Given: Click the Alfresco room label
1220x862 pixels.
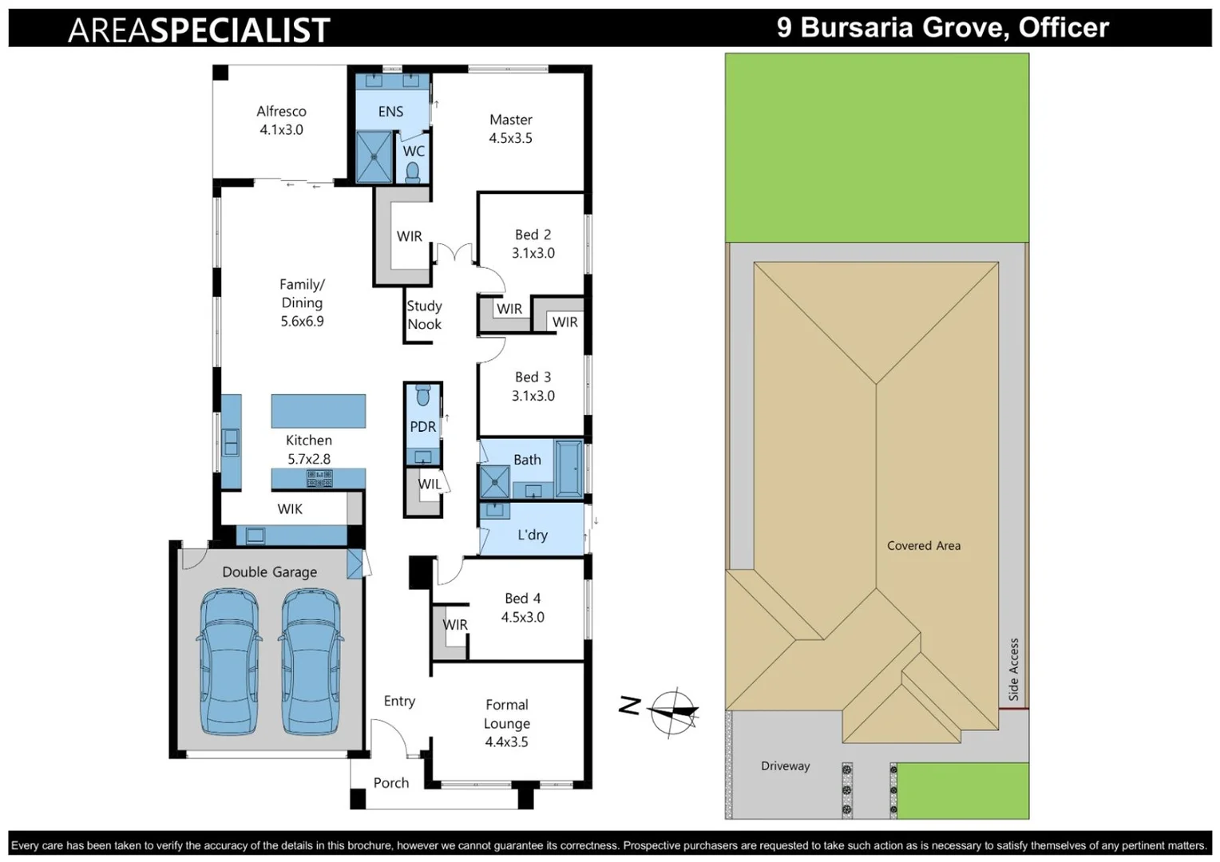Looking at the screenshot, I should pyautogui.click(x=281, y=111).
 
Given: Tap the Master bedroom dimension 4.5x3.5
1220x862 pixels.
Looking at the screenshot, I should pyautogui.click(x=510, y=138).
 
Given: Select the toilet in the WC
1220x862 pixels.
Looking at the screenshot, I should pyautogui.click(x=413, y=172).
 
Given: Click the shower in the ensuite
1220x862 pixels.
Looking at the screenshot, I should pyautogui.click(x=374, y=156).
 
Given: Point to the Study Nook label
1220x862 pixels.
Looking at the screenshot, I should pyautogui.click(x=424, y=315).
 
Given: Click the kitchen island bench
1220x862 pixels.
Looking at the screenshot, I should pyautogui.click(x=318, y=411).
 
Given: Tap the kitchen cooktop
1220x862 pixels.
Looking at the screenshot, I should pyautogui.click(x=319, y=478).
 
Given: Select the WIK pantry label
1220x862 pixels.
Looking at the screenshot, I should pyautogui.click(x=290, y=508).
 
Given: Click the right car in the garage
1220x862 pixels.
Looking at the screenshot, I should pyautogui.click(x=311, y=661).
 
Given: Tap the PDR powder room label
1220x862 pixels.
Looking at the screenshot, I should pyautogui.click(x=422, y=427).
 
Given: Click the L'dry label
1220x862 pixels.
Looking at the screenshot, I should pyautogui.click(x=532, y=535).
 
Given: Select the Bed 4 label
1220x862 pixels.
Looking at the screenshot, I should pyautogui.click(x=522, y=598).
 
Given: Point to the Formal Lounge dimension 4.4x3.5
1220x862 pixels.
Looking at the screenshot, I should pyautogui.click(x=506, y=741).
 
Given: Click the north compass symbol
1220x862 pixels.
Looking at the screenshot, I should pyautogui.click(x=673, y=710).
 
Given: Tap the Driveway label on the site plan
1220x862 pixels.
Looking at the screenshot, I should pyautogui.click(x=785, y=765).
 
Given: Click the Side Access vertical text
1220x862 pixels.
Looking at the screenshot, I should pyautogui.click(x=1013, y=669).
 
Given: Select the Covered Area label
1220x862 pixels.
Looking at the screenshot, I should pyautogui.click(x=924, y=545).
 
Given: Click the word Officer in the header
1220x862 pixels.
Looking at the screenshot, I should pyautogui.click(x=1064, y=27).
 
